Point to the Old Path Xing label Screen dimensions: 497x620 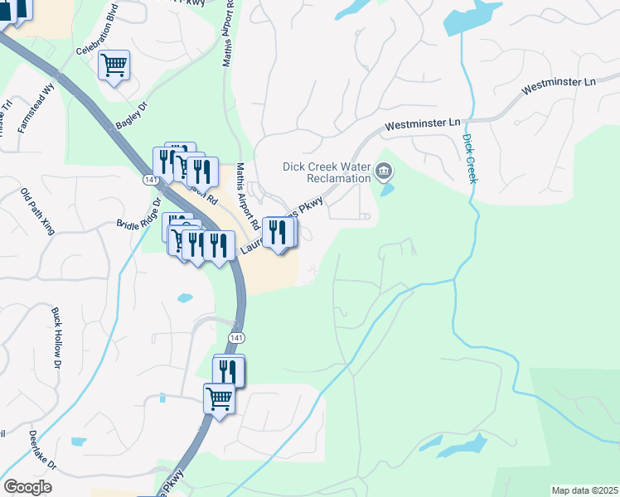(x=37, y=211)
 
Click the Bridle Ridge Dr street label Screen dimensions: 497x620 (x=138, y=215)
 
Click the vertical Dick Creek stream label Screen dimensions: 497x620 (x=470, y=159)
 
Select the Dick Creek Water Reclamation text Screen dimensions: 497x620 (x=326, y=171)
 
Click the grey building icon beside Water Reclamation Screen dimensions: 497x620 (x=384, y=172)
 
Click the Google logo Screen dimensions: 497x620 (x=28, y=487)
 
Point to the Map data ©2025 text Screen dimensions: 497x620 (x=584, y=490)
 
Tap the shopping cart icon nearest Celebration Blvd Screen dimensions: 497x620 (x=114, y=64)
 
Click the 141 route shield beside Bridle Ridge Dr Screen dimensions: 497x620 (x=150, y=179)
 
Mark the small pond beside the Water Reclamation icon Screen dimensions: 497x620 (x=387, y=189)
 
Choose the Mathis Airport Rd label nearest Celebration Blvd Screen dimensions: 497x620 (x=229, y=33)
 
